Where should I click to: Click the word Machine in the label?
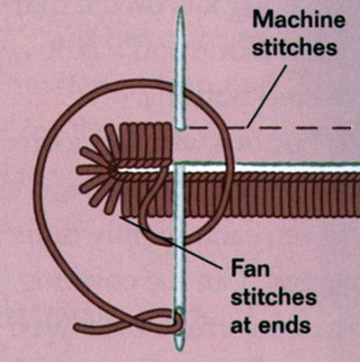click(x=299, y=20)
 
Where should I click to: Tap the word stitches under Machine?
click(x=294, y=48)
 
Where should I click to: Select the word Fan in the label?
click(x=250, y=268)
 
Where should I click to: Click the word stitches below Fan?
click(x=274, y=296)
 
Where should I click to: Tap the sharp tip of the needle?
click(x=180, y=8)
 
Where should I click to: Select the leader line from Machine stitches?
click(x=266, y=95)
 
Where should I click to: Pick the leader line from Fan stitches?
click(x=171, y=241)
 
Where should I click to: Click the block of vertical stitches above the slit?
click(x=146, y=140)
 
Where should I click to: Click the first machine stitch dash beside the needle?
click(x=197, y=128)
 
